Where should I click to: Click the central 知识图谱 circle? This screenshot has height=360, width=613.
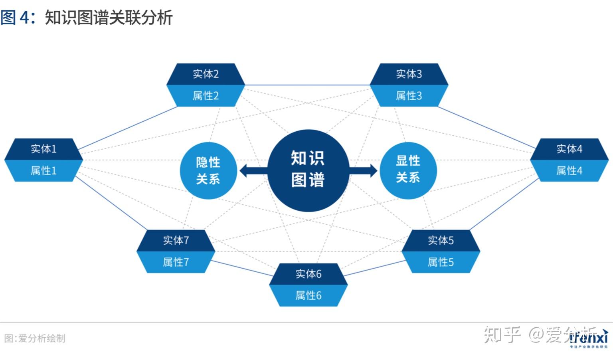pos(308,170)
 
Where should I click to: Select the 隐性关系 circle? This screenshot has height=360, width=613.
pos(208,170)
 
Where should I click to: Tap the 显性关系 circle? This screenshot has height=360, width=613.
pos(408,170)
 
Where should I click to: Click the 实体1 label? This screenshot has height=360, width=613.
pos(44,149)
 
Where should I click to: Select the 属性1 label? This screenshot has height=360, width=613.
pos(44,171)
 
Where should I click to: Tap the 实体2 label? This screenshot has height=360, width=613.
pos(206,74)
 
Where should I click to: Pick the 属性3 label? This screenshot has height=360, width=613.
pos(409,96)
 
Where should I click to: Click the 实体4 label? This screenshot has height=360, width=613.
pos(569,149)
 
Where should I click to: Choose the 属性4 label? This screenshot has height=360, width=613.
pos(569,171)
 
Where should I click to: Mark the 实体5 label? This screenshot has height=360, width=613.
pos(441,240)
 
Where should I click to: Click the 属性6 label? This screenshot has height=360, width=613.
pos(308,296)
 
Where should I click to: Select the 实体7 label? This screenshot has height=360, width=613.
pos(176,240)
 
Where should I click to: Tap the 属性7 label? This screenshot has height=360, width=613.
pos(176,262)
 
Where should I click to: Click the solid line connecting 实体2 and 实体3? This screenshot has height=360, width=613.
pos(307,85)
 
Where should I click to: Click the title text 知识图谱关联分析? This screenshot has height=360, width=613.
pos(109,18)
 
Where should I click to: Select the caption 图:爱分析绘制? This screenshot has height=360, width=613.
pos(35,338)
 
